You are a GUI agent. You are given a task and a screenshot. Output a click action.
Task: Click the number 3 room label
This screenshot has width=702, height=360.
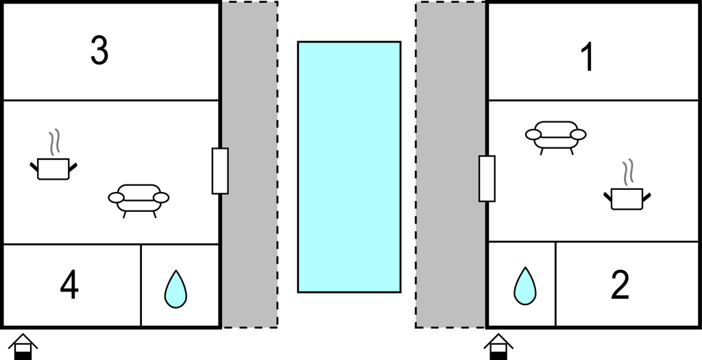99,51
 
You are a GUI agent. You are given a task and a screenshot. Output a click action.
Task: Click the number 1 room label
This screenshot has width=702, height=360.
588,57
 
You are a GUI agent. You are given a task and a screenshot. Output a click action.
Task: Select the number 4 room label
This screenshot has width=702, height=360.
69,286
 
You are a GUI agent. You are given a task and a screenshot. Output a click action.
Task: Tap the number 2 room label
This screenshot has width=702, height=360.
620,285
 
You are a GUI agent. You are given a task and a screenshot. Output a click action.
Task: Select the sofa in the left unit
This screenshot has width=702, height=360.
138,200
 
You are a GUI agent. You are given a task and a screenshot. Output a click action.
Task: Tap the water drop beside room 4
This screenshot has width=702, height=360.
175,289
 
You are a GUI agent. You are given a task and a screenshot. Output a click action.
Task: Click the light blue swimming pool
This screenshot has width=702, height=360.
349,167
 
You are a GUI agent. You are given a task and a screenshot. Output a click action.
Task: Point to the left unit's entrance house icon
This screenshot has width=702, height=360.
23,346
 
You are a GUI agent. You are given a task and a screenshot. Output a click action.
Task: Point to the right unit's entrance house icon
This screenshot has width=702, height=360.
498,346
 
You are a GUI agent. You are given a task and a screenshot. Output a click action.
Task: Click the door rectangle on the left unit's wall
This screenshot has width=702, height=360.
220,171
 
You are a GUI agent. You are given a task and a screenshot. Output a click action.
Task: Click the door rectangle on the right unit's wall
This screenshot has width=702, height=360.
487,179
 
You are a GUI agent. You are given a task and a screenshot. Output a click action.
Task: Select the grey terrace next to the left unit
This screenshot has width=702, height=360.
250,165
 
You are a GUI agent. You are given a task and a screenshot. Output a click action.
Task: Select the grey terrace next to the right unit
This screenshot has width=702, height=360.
450,165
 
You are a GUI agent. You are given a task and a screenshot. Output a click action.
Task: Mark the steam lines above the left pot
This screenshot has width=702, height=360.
54,143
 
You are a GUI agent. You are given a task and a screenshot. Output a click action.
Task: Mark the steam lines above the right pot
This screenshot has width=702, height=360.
628,172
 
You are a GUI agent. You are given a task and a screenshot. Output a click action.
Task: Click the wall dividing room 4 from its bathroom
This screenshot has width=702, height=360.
141,285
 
